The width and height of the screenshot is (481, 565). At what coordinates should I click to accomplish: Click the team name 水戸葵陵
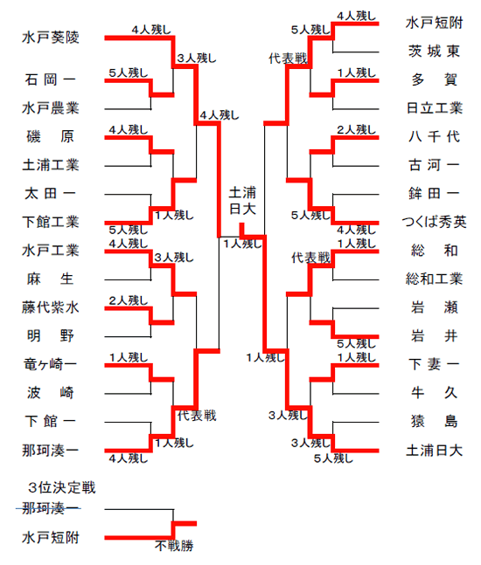pyautogui.click(x=51, y=38)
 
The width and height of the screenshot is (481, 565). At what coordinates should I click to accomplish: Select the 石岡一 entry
pyautogui.click(x=51, y=79)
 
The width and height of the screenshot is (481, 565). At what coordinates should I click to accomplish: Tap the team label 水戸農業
pyautogui.click(x=51, y=108)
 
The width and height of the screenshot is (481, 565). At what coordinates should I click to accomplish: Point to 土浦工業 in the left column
pyautogui.click(x=51, y=165)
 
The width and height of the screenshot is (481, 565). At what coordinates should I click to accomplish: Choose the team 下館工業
pyautogui.click(x=51, y=222)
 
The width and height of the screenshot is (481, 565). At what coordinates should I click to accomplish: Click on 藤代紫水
pyautogui.click(x=51, y=307)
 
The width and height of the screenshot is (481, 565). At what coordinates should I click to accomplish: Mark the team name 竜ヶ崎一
pyautogui.click(x=51, y=364)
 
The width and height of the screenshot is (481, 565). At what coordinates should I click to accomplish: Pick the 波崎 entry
pyautogui.click(x=51, y=393)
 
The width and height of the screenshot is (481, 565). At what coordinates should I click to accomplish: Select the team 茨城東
pyautogui.click(x=434, y=52)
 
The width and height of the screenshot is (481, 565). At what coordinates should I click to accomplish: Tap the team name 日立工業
pyautogui.click(x=434, y=108)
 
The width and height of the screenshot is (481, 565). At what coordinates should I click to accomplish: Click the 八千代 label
pyautogui.click(x=434, y=136)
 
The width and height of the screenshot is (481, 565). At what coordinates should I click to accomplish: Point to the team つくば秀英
pyautogui.click(x=434, y=222)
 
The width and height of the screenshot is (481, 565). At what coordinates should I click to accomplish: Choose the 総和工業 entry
pyautogui.click(x=434, y=279)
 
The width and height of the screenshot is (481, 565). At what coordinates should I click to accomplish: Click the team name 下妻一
pyautogui.click(x=434, y=364)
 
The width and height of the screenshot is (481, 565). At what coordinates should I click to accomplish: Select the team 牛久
pyautogui.click(x=434, y=393)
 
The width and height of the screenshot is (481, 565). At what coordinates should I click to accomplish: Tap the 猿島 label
pyautogui.click(x=434, y=421)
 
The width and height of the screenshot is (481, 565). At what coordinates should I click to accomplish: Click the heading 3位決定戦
pyautogui.click(x=62, y=487)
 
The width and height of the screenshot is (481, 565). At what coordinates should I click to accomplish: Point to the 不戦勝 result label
pyautogui.click(x=174, y=546)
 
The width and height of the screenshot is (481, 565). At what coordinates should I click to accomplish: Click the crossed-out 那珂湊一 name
pyautogui.click(x=50, y=508)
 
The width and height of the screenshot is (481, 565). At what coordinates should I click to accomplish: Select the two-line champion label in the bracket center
pyautogui.click(x=242, y=200)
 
